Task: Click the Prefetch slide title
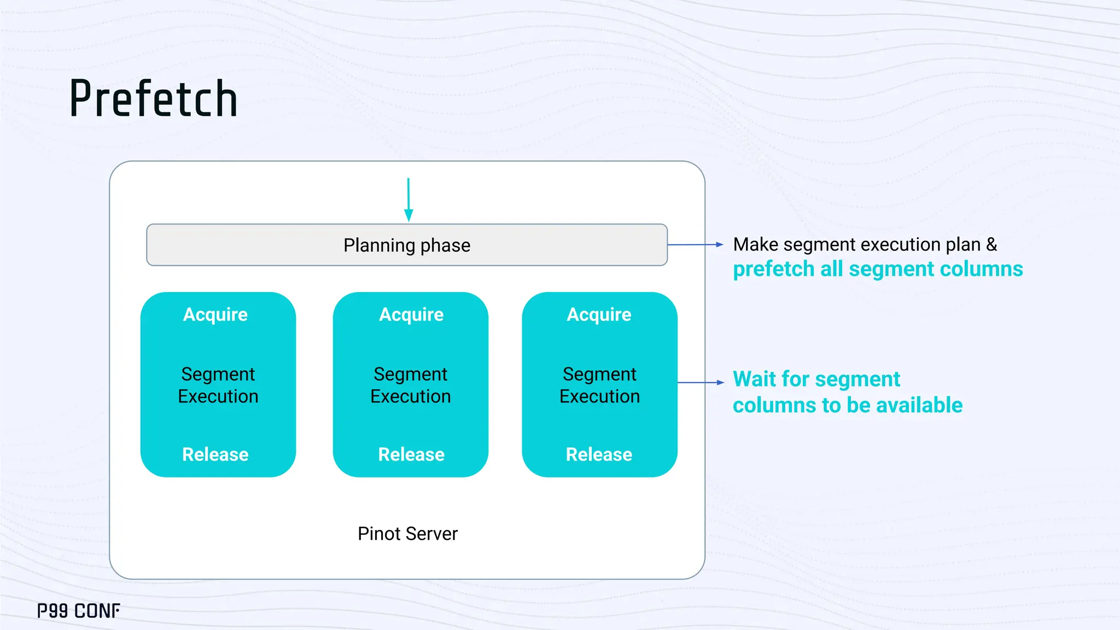click(x=154, y=99)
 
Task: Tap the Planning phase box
click(x=407, y=245)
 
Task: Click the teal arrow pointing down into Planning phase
click(x=409, y=200)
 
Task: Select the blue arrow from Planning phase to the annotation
click(x=695, y=245)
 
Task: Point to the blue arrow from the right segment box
click(x=701, y=383)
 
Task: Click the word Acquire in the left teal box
click(x=215, y=314)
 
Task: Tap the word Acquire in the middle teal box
click(x=411, y=314)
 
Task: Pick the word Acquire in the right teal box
click(x=599, y=314)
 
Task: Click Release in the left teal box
click(x=215, y=454)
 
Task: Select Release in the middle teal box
click(x=411, y=454)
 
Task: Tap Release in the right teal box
click(x=599, y=454)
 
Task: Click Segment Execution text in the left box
click(x=218, y=385)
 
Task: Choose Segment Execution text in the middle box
click(x=411, y=385)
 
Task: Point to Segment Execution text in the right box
click(x=599, y=385)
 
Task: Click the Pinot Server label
click(x=407, y=534)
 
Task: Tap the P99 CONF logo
click(x=79, y=611)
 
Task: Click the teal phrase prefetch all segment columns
click(x=878, y=269)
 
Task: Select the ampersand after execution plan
click(x=991, y=244)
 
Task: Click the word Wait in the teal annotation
click(x=755, y=379)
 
